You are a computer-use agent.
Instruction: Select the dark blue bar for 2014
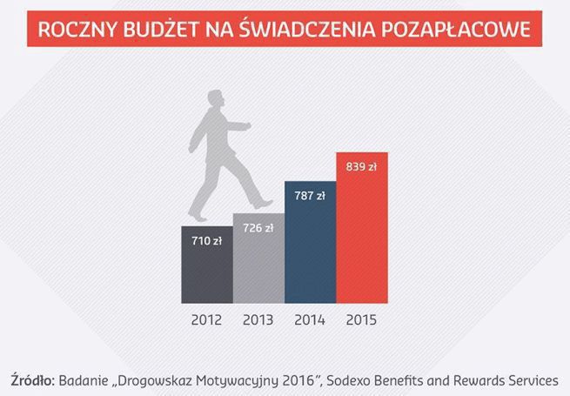[310, 248]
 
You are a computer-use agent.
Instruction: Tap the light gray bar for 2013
[258, 261]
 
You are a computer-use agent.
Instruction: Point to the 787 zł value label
[310, 197]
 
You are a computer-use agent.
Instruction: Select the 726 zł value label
[258, 229]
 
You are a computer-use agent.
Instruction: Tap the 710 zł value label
[206, 240]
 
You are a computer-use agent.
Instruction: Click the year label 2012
[206, 319]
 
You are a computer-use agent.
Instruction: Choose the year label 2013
[258, 319]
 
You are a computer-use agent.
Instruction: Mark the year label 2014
[310, 319]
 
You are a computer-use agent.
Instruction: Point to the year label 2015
[361, 319]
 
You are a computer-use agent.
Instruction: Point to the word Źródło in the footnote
[33, 380]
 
